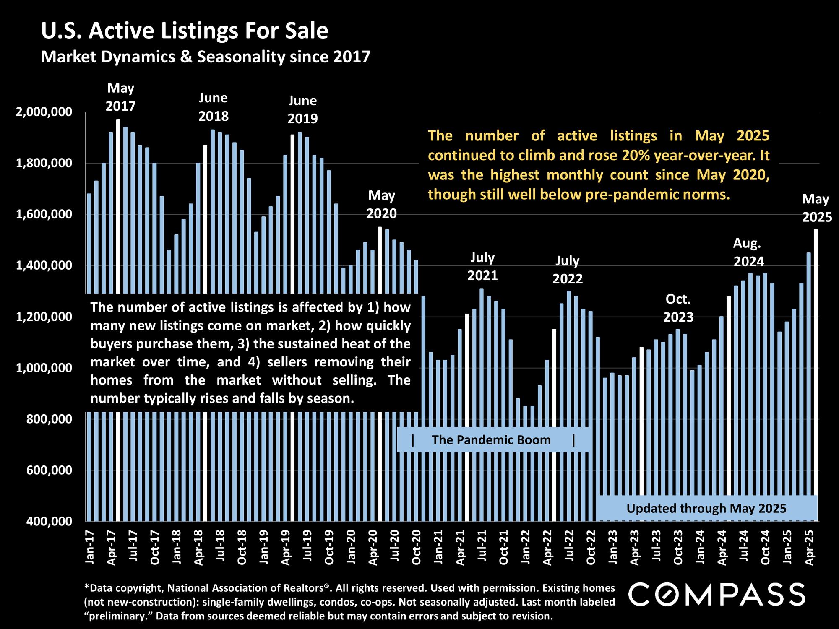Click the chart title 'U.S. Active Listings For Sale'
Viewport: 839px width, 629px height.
coord(185,31)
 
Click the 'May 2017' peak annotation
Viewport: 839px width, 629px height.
coord(121,97)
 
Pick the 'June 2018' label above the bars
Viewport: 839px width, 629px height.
coord(214,107)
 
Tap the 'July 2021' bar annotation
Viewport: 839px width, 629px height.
coord(482,266)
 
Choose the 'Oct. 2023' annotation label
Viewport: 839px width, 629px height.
coord(678,308)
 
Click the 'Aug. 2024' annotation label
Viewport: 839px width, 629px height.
coord(748,252)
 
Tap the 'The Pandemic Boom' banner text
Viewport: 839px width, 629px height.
coord(491,440)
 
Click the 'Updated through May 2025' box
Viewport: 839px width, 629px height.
coord(706,509)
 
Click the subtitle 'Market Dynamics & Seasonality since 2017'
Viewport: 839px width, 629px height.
coord(206,57)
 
